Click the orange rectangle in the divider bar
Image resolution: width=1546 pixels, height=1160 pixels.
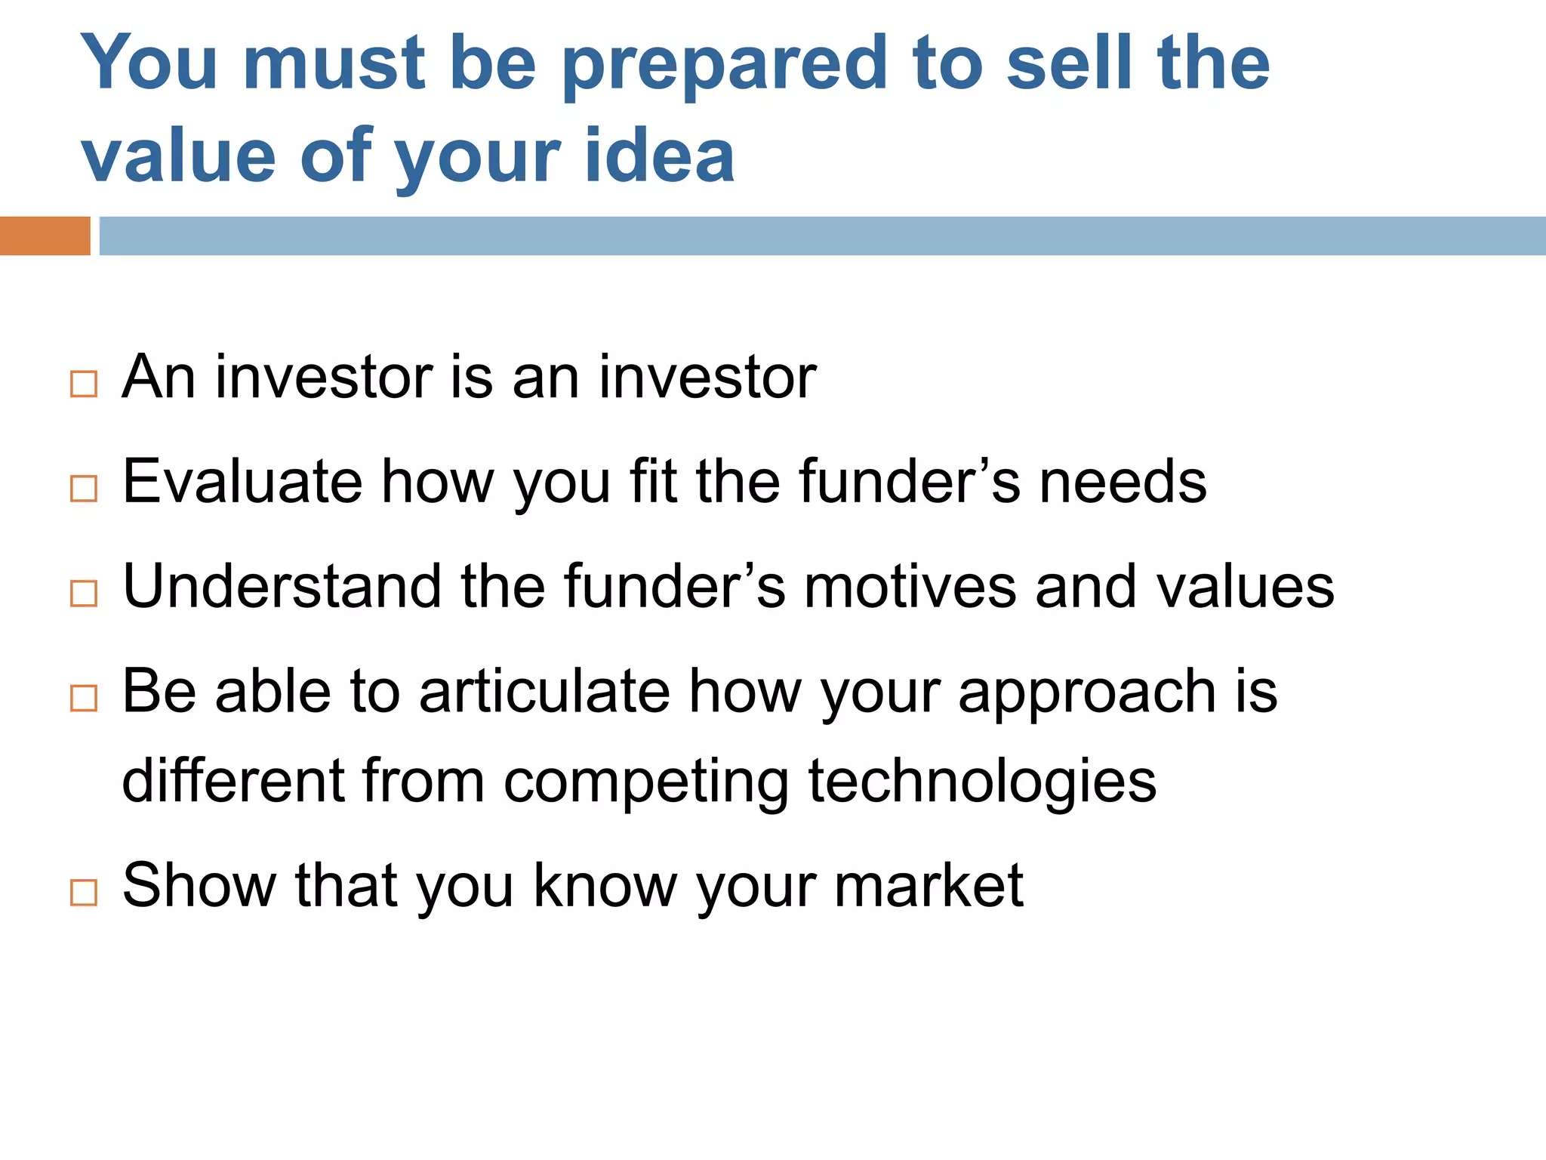(45, 236)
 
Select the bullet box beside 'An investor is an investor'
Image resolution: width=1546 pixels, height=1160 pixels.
(84, 384)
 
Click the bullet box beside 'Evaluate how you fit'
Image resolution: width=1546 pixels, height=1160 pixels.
(84, 489)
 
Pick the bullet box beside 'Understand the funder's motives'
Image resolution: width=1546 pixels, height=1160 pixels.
(84, 594)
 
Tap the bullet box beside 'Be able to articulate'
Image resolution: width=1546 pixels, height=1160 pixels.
(84, 698)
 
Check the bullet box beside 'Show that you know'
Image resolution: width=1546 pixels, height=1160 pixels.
(84, 892)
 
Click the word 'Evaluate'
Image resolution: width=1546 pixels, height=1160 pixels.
(242, 481)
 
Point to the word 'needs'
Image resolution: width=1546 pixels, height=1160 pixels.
(1123, 481)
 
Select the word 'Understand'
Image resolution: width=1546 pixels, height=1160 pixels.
(282, 586)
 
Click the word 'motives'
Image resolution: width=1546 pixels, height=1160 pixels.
(910, 586)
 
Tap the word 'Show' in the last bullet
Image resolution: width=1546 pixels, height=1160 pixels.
(199, 885)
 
